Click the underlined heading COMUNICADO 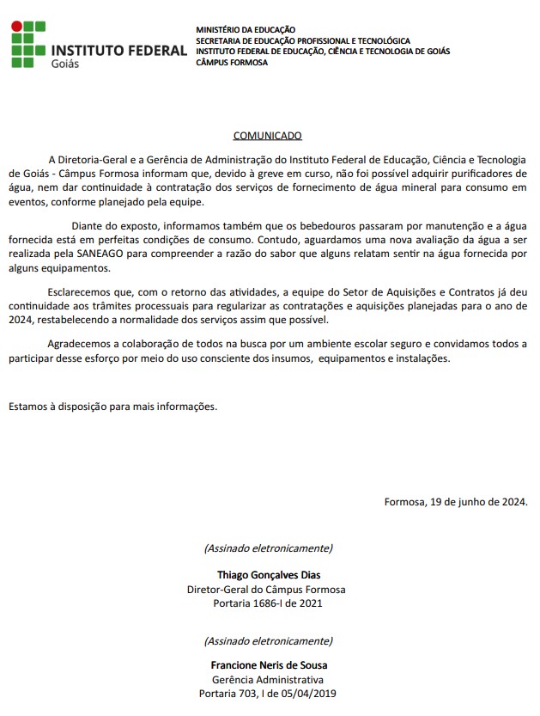point(268,136)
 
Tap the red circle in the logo point(16,28)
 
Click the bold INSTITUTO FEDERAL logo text point(119,50)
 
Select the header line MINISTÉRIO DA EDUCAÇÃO point(246,30)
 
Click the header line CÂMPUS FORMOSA point(231,62)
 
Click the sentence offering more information point(113,407)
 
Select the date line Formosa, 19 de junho point(456,502)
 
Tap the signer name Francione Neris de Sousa point(269,665)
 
